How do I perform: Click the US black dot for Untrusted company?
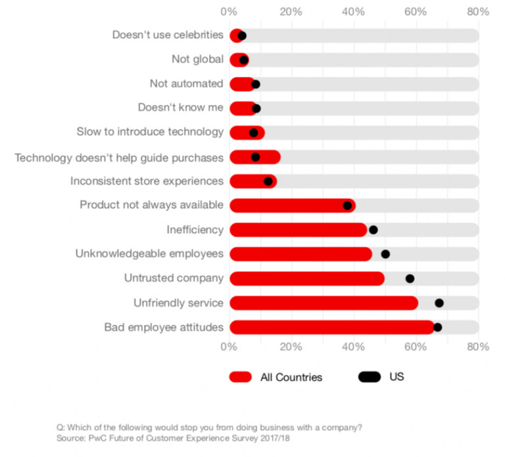click(x=410, y=278)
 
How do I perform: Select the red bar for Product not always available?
click(x=292, y=206)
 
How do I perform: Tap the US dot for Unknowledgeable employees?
click(x=385, y=254)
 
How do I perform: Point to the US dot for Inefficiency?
click(x=373, y=230)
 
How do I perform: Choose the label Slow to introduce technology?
click(x=150, y=132)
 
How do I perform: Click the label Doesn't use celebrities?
click(x=168, y=35)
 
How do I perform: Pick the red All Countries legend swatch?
click(x=241, y=377)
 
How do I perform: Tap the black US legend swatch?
click(x=370, y=377)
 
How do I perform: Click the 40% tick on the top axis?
click(x=353, y=12)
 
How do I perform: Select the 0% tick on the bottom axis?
click(x=229, y=347)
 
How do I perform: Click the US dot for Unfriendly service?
click(x=439, y=303)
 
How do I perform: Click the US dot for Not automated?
click(x=256, y=84)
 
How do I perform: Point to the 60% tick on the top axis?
click(x=416, y=12)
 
